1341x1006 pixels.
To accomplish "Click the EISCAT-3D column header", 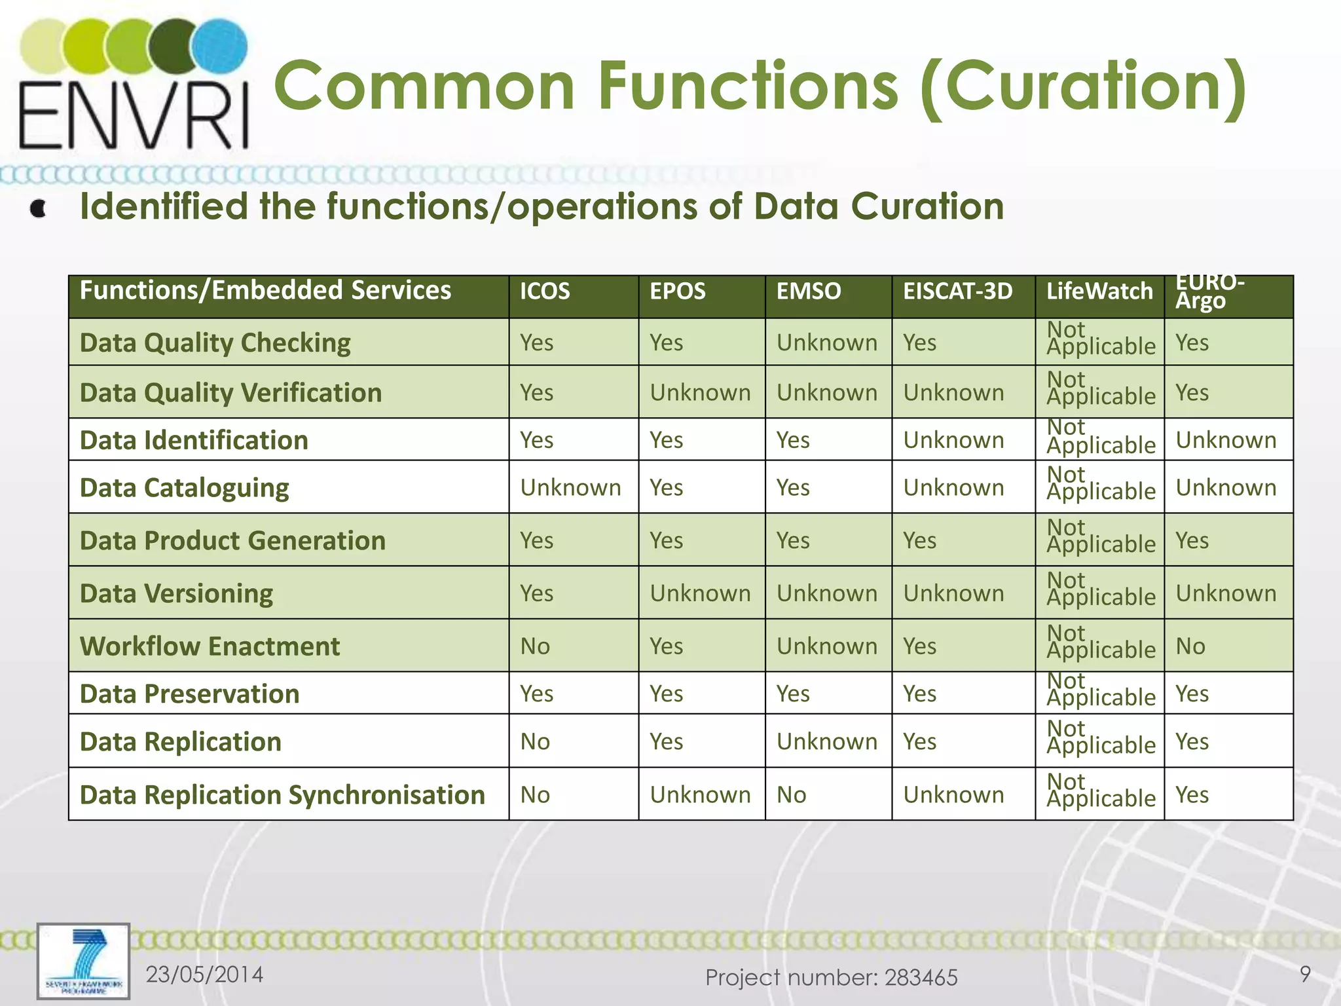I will (957, 291).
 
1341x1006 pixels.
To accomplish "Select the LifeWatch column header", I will (1099, 291).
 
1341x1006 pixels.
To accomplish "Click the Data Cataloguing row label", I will (184, 488).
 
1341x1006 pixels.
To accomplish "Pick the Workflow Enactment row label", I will (210, 646).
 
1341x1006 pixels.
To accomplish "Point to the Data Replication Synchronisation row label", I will (282, 795).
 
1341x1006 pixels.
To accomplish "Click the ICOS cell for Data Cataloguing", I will (570, 488).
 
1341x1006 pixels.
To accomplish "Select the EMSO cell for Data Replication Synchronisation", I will (791, 795).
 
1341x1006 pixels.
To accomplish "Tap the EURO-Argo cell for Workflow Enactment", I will (1190, 646).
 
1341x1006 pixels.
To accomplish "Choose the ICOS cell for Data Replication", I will (535, 742).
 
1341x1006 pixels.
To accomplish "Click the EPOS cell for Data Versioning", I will (700, 593).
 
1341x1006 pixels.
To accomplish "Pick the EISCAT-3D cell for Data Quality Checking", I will (919, 343).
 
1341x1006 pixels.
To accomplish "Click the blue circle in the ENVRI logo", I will (221, 46).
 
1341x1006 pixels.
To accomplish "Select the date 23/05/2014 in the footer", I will (204, 975).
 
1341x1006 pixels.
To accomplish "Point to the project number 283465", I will (921, 978).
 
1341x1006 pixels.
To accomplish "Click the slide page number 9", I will (1305, 974).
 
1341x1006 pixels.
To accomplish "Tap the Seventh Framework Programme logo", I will (83, 961).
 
